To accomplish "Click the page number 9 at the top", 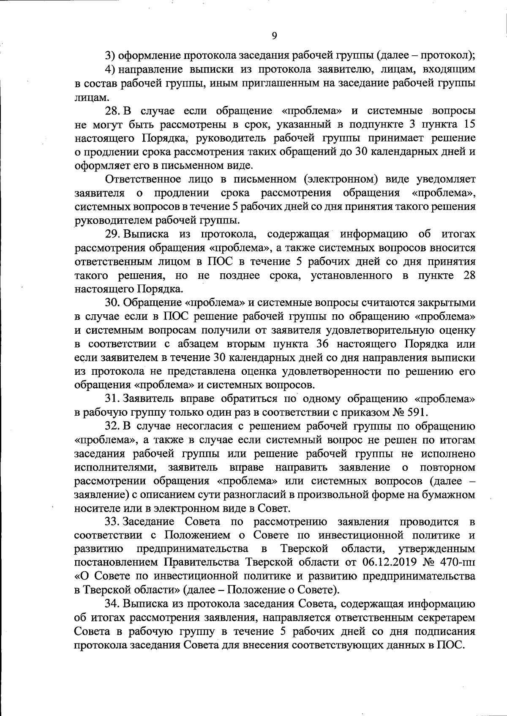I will point(274,36).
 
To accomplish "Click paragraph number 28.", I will point(112,111).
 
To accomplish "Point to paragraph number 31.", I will point(112,399).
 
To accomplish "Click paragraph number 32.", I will point(113,426).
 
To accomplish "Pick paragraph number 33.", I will point(113,522).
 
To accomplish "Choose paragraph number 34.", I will point(113,604).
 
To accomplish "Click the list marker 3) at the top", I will point(109,56).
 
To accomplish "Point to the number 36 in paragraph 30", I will point(323,344).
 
